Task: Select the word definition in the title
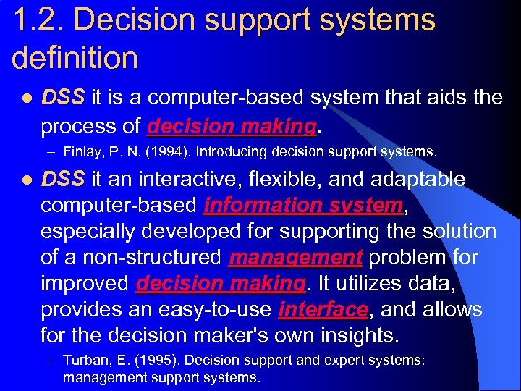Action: tap(75, 56)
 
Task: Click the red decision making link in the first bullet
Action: tap(232, 127)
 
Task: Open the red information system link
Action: tap(303, 206)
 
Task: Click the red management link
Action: tap(295, 258)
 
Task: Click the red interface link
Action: tap(323, 310)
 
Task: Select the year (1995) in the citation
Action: tap(146, 361)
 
